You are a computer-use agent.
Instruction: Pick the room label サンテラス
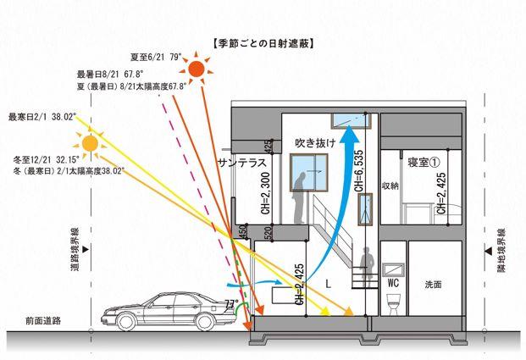(242, 162)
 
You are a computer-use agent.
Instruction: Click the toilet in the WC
(391, 304)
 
